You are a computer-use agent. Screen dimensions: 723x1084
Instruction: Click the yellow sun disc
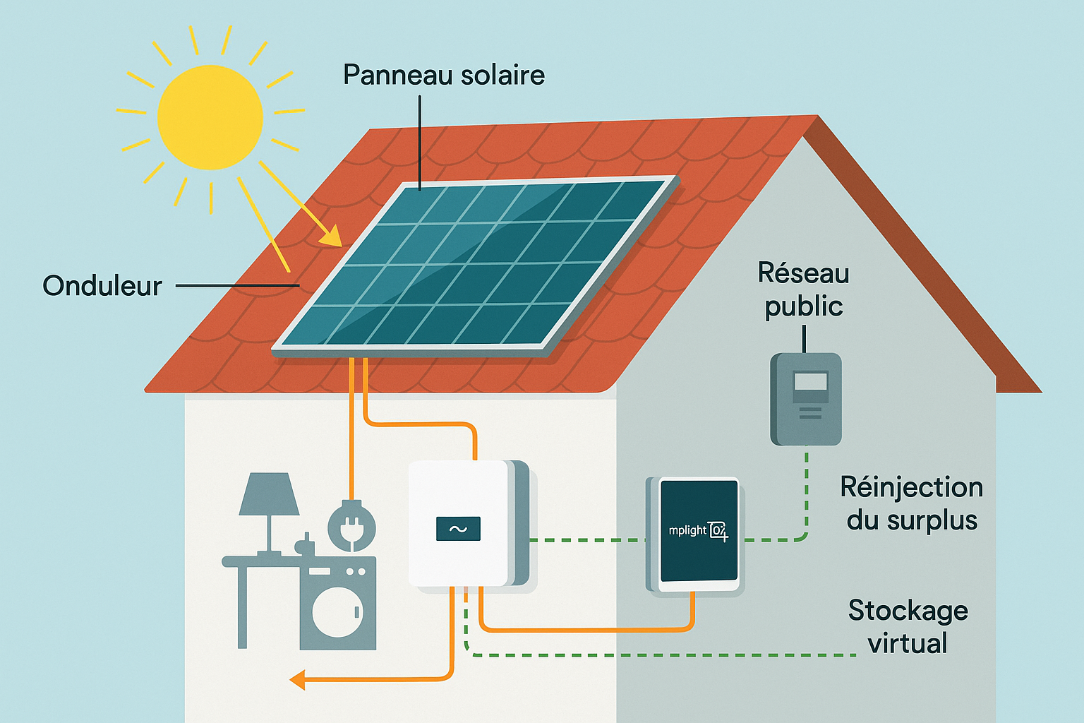tap(210, 117)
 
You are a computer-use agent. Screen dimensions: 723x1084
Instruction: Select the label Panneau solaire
tap(444, 75)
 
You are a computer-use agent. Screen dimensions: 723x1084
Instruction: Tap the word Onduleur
tap(102, 285)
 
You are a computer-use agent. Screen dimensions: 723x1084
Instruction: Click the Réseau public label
tap(803, 289)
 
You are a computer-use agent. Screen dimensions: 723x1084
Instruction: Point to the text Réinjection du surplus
tap(912, 503)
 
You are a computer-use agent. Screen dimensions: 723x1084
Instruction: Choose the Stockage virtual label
tap(908, 626)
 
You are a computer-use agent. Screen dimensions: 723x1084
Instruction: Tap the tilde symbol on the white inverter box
tap(458, 529)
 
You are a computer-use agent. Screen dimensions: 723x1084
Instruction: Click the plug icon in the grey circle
tap(351, 527)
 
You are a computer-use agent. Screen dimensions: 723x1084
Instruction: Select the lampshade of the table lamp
tap(269, 494)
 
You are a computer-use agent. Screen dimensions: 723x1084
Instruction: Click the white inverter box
tap(459, 522)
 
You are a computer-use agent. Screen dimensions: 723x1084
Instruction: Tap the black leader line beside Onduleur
tap(237, 285)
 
